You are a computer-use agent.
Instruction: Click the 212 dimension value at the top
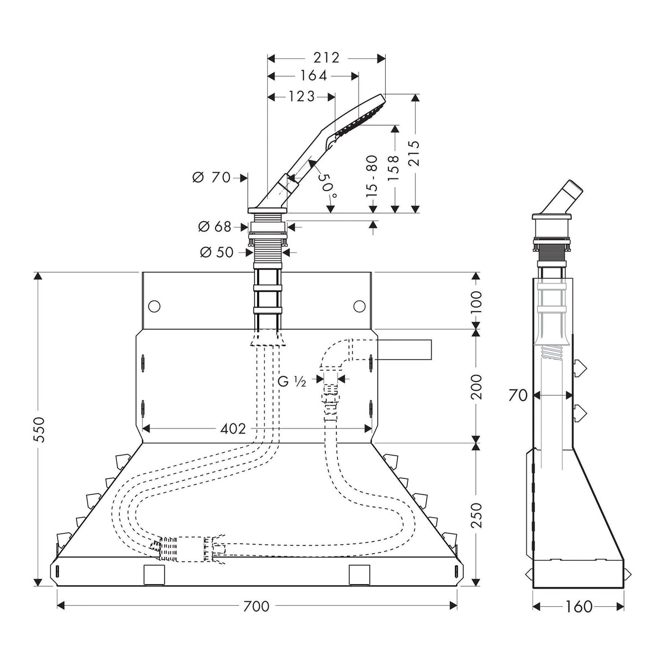click(326, 58)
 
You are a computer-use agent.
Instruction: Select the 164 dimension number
click(313, 76)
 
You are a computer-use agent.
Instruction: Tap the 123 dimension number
click(302, 96)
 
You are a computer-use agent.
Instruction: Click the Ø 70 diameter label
click(211, 177)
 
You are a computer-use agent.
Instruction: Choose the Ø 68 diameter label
click(214, 227)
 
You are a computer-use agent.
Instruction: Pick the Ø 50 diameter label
click(216, 252)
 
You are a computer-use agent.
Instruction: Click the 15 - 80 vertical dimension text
click(372, 176)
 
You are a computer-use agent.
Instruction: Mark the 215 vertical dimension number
click(414, 154)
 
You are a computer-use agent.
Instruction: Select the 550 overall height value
click(39, 429)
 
